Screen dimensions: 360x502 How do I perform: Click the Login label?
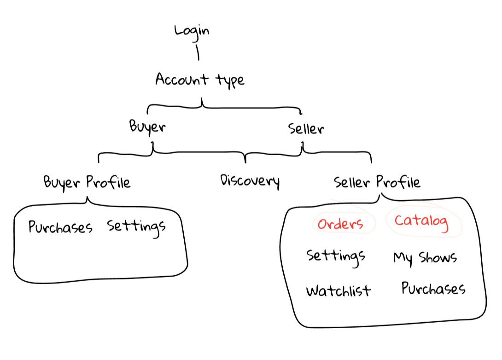pos(192,31)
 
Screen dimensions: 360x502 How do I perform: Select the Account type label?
pos(199,80)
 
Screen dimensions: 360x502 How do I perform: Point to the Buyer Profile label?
pos(87,182)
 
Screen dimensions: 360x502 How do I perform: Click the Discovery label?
pos(250,180)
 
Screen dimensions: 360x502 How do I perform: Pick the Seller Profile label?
pos(377,182)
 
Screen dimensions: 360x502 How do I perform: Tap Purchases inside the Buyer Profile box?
pos(60,227)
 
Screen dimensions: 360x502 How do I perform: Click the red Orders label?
pos(340,224)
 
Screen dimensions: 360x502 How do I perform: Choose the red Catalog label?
pos(421,221)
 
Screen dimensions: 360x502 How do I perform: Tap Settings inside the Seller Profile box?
pos(336,256)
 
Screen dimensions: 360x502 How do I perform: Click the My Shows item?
pos(425,257)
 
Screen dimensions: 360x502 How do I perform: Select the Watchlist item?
pos(339,290)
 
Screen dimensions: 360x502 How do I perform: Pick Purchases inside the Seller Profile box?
pos(433,289)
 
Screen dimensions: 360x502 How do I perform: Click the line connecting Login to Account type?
pos(198,52)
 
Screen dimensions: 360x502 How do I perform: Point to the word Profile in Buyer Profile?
pos(109,182)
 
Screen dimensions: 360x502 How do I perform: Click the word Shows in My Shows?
pos(438,257)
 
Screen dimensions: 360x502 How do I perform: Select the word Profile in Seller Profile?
pos(398,182)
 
